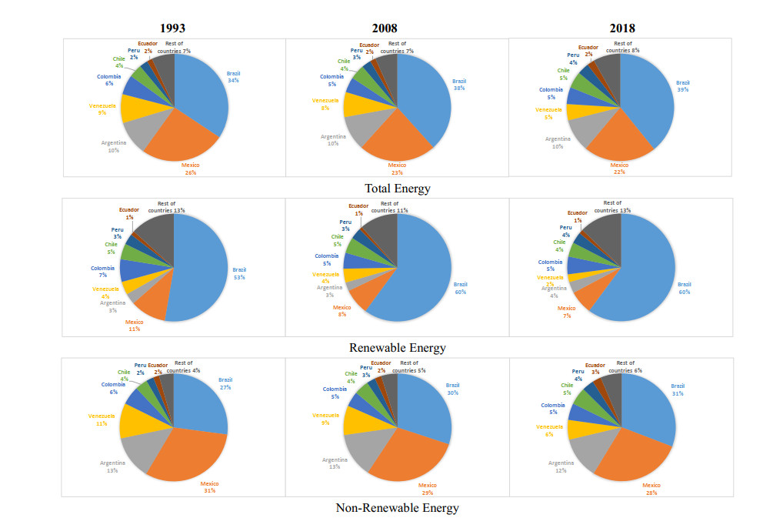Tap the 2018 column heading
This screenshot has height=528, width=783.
[621, 28]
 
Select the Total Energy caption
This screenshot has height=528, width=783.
[398, 187]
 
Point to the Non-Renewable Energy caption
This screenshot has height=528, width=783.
[397, 507]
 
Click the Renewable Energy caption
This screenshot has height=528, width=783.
[397, 347]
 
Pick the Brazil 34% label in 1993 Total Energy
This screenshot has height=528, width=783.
[233, 77]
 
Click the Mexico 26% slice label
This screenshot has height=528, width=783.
[191, 168]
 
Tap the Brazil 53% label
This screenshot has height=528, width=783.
[239, 272]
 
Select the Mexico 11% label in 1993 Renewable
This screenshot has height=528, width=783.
[135, 326]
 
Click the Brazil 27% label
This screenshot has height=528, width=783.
[225, 383]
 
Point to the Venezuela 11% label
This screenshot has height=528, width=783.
[102, 419]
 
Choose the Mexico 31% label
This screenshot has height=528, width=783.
[209, 487]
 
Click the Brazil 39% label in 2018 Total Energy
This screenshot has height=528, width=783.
[682, 85]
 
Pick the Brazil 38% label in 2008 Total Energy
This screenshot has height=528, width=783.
[459, 84]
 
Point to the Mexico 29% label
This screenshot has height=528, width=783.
[428, 489]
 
